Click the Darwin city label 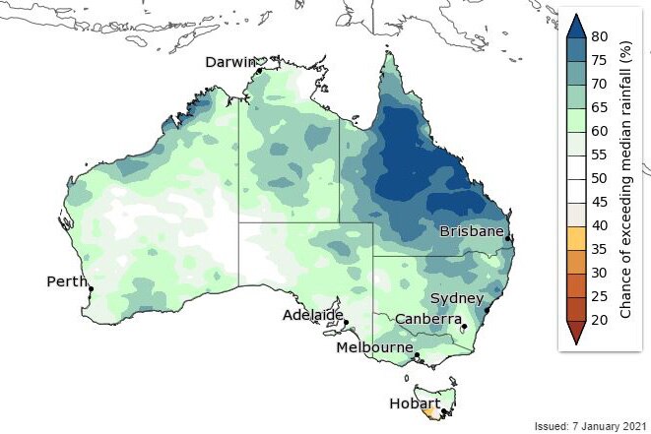pyautogui.click(x=229, y=62)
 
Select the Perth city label pyautogui.click(x=67, y=281)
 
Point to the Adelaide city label pyautogui.click(x=312, y=315)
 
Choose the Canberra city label pyautogui.click(x=428, y=319)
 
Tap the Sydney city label pyautogui.click(x=456, y=298)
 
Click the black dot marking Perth pyautogui.click(x=90, y=289)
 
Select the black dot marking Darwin pyautogui.click(x=259, y=71)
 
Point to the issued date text pyautogui.click(x=588, y=424)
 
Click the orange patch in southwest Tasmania pyautogui.click(x=426, y=414)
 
